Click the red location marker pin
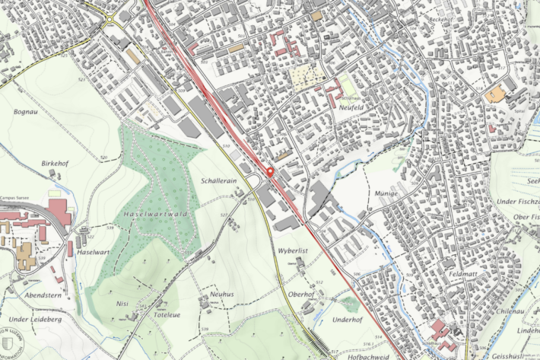[x=269, y=171]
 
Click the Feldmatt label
[x=462, y=272]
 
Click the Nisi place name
[x=122, y=303]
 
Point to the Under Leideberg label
[x=36, y=319]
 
